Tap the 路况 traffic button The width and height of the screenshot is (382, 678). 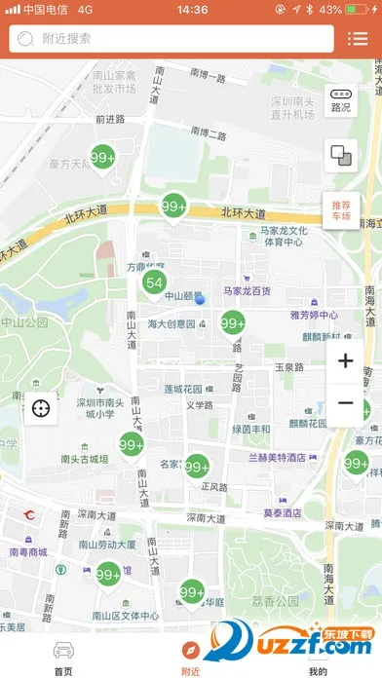[341, 100]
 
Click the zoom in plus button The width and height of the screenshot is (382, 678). [345, 361]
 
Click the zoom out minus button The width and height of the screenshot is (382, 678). [345, 403]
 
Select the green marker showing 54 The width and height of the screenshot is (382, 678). [153, 283]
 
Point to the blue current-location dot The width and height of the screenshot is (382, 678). [200, 300]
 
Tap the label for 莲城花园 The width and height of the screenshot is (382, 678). [183, 389]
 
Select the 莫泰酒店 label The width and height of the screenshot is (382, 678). [282, 512]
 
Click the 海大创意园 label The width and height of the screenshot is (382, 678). [172, 323]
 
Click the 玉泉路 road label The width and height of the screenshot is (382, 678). [288, 368]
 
